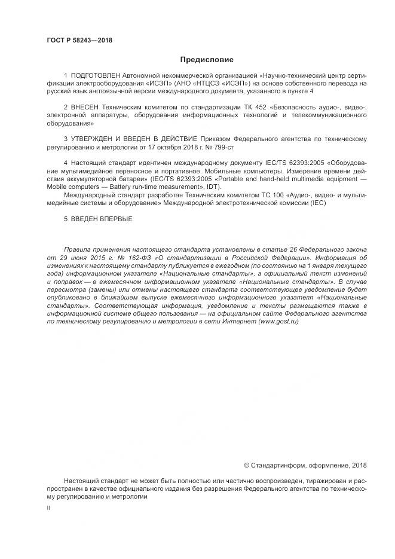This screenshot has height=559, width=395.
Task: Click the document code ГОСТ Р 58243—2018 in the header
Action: pyautogui.click(x=79, y=41)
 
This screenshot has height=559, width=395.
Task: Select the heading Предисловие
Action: pyautogui.click(x=207, y=60)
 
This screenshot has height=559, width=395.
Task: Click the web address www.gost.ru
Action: pyautogui.click(x=278, y=321)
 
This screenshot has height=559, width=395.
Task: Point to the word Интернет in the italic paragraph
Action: pyautogui.click(x=238, y=321)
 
